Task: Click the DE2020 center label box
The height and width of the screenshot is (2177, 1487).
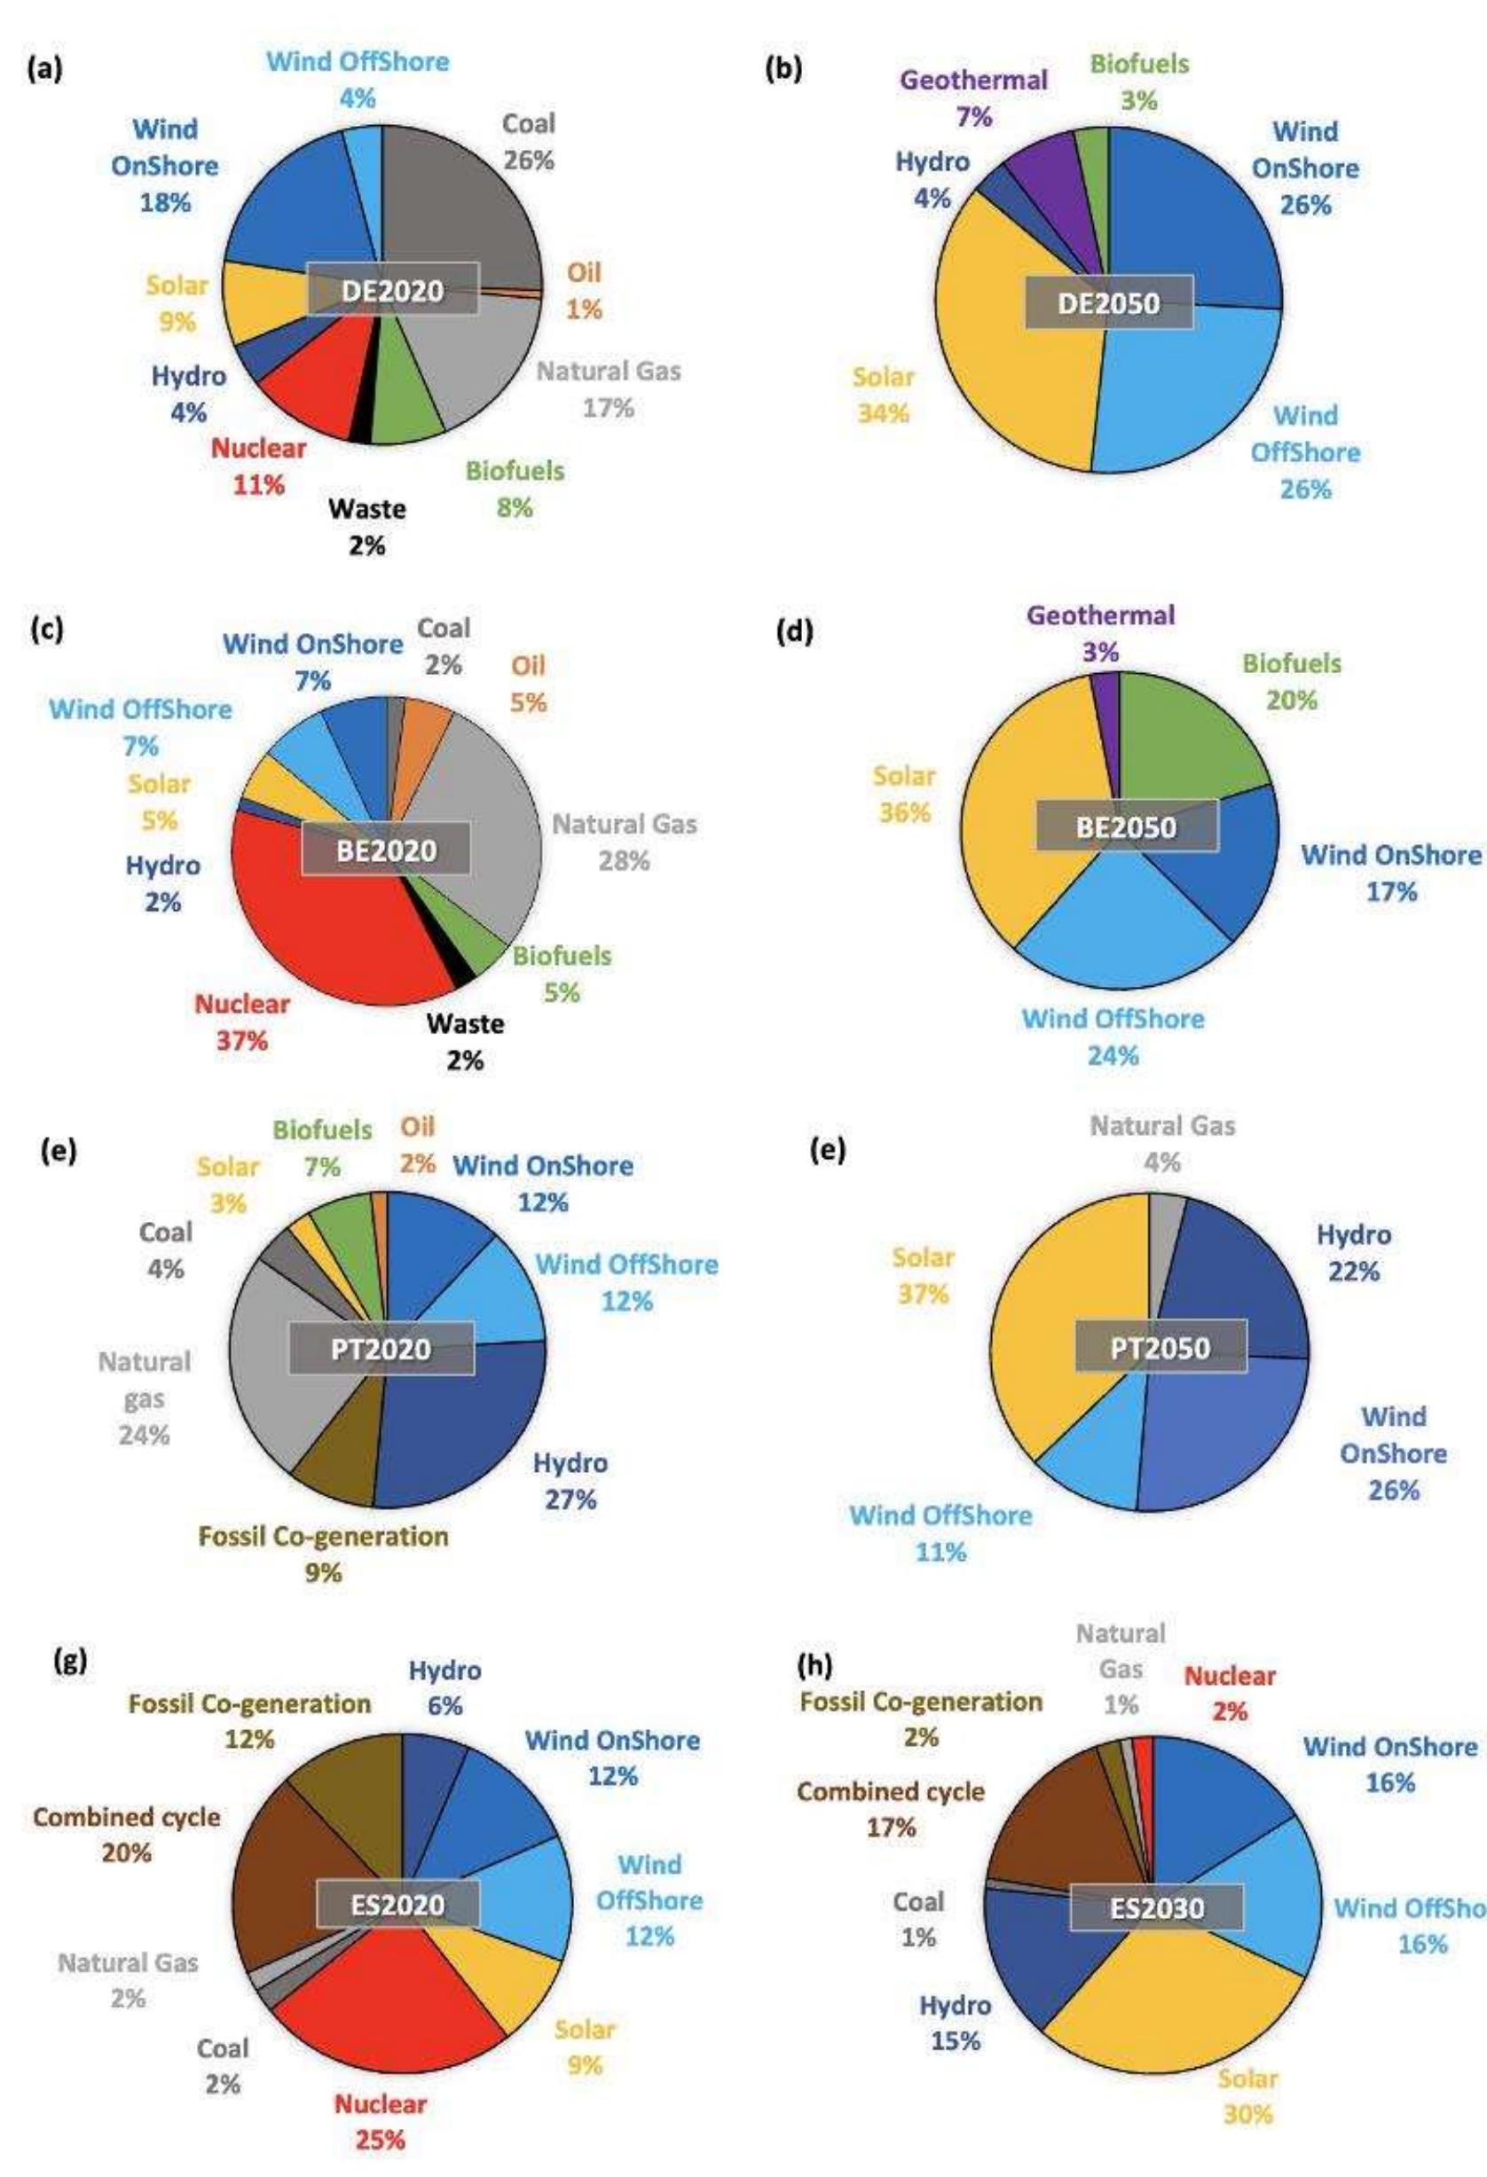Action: click(392, 289)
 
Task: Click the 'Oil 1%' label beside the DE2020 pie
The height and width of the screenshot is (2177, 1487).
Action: click(584, 290)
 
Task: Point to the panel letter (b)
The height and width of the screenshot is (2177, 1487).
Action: click(783, 69)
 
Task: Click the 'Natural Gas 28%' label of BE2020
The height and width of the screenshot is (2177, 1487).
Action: click(624, 842)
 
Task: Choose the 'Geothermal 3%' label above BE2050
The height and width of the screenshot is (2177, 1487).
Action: click(1100, 633)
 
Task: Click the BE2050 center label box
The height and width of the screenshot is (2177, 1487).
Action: click(1126, 826)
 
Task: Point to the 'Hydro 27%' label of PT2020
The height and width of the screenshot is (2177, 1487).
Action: click(570, 1480)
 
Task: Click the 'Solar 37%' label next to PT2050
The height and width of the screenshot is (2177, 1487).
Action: click(923, 1275)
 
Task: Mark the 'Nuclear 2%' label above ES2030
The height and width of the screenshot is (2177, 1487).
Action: click(1230, 1693)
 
